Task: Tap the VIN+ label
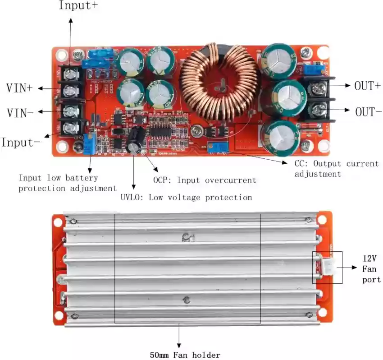(x=19, y=88)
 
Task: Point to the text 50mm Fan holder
(x=185, y=355)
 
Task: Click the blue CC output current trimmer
(x=219, y=148)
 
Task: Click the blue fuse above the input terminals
(x=100, y=55)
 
